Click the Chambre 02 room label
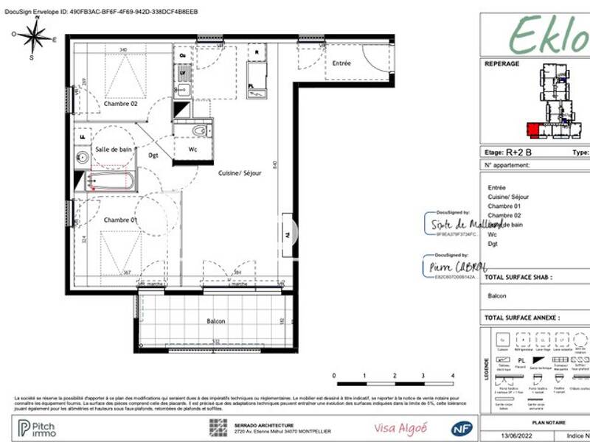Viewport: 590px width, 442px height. coord(121,104)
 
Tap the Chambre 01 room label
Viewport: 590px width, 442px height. coord(121,220)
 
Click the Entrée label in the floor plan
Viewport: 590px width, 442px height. coord(341,64)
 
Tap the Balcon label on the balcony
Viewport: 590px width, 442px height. coord(216,321)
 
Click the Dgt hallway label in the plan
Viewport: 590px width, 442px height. coord(153,155)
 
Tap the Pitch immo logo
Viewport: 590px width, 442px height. coord(44,427)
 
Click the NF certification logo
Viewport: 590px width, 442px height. coord(461,428)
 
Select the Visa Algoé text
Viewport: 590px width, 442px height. coord(394,428)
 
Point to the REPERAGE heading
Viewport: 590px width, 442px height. coord(502,64)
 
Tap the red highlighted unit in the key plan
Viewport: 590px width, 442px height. coord(532,130)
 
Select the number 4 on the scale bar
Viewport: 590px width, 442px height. coord(451,376)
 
